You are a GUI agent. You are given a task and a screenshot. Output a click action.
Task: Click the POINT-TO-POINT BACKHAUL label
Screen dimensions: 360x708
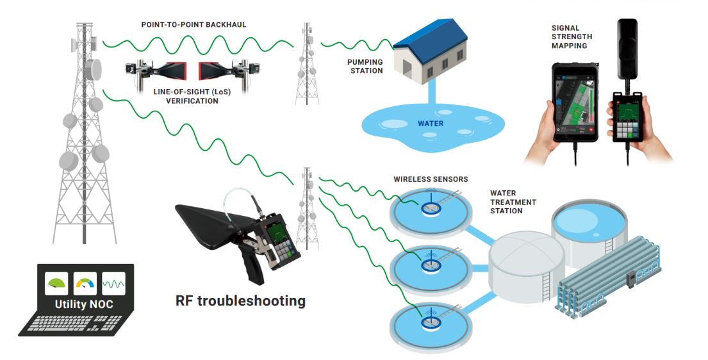pos(193,24)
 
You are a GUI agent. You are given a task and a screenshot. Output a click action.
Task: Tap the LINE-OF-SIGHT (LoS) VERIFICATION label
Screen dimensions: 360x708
pos(192,97)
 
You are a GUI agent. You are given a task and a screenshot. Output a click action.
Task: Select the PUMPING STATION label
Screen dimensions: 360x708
pos(366,66)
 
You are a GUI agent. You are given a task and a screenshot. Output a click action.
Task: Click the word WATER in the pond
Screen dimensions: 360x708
pos(430,123)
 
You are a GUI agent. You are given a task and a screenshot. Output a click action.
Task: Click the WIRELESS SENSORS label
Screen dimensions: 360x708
pos(431,179)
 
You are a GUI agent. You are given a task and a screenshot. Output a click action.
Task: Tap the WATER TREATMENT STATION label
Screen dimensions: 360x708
pos(513,202)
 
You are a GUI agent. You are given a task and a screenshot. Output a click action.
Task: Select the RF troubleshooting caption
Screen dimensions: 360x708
pos(240,300)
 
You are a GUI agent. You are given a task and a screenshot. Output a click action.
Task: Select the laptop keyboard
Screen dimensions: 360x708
pos(74,323)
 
